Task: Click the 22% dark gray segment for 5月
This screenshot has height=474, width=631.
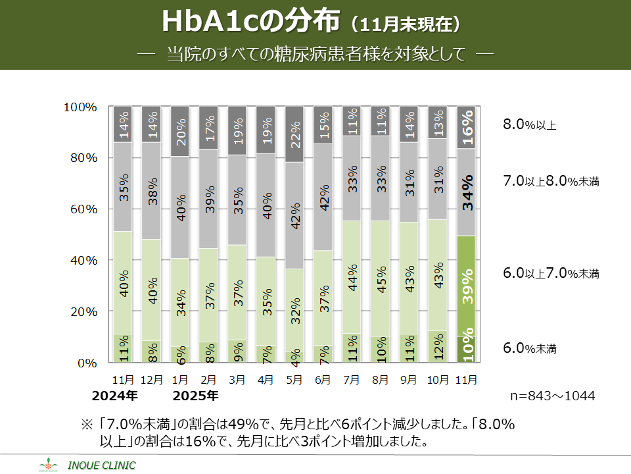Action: tap(294, 134)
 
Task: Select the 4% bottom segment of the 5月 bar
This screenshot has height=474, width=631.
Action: tap(294, 357)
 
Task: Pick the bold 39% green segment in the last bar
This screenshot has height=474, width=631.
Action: tap(466, 286)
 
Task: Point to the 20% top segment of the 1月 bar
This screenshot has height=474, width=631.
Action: tap(180, 132)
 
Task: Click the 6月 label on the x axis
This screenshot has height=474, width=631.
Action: tap(323, 380)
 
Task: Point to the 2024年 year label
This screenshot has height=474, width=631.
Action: tap(114, 396)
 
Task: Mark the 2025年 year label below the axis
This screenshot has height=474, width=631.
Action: tap(195, 396)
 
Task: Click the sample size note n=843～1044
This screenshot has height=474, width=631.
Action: tap(553, 396)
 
